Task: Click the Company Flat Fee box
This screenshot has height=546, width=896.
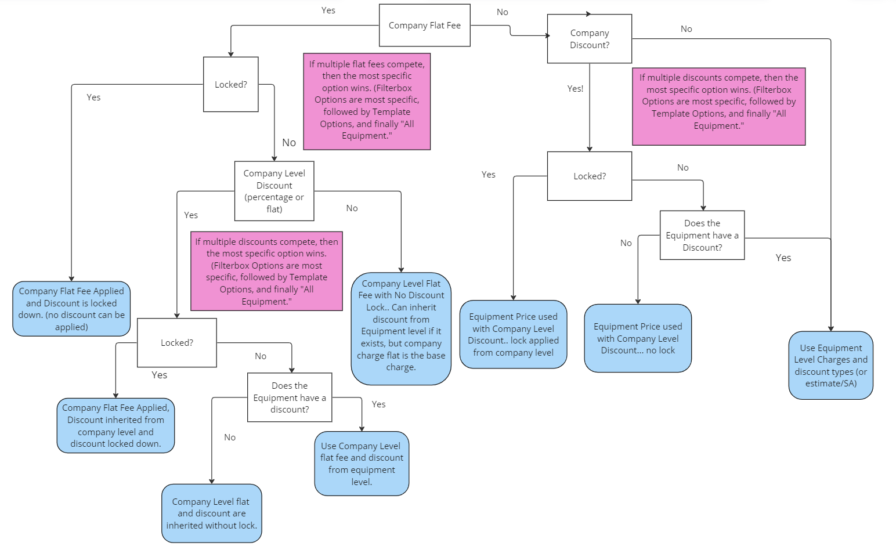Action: coord(424,26)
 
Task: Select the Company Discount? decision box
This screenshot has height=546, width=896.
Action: coord(589,39)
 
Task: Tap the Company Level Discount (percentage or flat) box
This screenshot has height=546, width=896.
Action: coord(274,191)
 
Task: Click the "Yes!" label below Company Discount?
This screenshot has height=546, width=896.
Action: coord(575,89)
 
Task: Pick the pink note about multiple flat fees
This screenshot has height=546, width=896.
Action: coord(366,101)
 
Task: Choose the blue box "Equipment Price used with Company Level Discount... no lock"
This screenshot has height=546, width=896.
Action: coord(637,338)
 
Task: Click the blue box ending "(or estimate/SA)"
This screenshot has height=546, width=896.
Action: coord(830,365)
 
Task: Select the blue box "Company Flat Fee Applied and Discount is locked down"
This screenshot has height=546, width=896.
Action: coord(71,309)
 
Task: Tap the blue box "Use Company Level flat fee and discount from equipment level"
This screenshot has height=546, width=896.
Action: coord(362,463)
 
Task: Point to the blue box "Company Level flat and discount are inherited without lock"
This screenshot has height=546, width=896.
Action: coord(211,513)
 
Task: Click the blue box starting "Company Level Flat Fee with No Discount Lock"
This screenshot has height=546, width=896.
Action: coord(401,328)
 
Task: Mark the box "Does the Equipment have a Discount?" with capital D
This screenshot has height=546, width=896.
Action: coord(702,235)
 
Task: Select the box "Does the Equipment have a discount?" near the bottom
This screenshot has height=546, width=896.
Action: coord(289,397)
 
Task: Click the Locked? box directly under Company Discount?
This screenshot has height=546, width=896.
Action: coord(589,176)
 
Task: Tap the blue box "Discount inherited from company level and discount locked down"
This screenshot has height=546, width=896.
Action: coord(115,425)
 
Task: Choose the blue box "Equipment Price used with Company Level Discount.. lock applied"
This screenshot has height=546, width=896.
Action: coord(513,334)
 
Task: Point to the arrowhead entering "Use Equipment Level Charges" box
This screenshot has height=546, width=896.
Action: coord(830,328)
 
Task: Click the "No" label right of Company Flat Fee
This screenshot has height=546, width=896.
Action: coord(502,12)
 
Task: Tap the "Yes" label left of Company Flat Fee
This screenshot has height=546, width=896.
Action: coord(328,10)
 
